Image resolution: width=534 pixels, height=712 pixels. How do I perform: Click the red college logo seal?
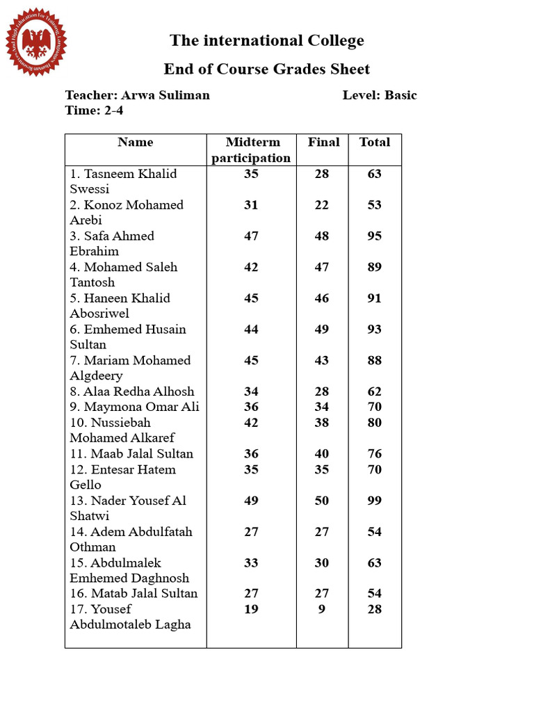(x=36, y=42)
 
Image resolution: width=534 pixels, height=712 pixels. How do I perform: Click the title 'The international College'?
(x=267, y=41)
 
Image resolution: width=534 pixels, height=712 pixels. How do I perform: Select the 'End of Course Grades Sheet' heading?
(x=267, y=70)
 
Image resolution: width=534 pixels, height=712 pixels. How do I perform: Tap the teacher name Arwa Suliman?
(x=165, y=95)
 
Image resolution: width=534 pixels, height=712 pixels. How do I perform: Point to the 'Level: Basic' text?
(x=380, y=95)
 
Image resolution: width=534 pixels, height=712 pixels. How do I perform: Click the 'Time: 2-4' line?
(x=95, y=111)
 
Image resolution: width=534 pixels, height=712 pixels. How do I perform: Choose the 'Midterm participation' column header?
(x=251, y=150)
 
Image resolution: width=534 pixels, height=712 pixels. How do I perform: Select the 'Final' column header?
(x=323, y=143)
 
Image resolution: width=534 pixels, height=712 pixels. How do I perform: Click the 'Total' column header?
(x=375, y=143)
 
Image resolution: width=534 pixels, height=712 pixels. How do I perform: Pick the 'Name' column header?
(x=136, y=143)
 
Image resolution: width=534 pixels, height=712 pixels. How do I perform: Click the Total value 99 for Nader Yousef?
(x=375, y=501)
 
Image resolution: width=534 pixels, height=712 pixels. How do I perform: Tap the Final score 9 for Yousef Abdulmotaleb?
(x=322, y=609)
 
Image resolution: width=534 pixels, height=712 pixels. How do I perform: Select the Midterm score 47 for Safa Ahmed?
(x=251, y=236)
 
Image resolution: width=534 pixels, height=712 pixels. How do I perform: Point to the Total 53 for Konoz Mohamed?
(x=375, y=205)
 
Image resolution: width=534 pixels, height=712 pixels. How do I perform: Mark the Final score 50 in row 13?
(x=322, y=501)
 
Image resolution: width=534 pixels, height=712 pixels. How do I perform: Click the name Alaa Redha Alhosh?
(x=132, y=391)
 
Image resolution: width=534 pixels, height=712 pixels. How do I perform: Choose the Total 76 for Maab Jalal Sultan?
(x=375, y=454)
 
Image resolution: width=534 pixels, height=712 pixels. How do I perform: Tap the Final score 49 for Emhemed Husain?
(x=322, y=330)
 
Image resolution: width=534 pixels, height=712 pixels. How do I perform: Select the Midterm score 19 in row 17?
(x=251, y=609)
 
